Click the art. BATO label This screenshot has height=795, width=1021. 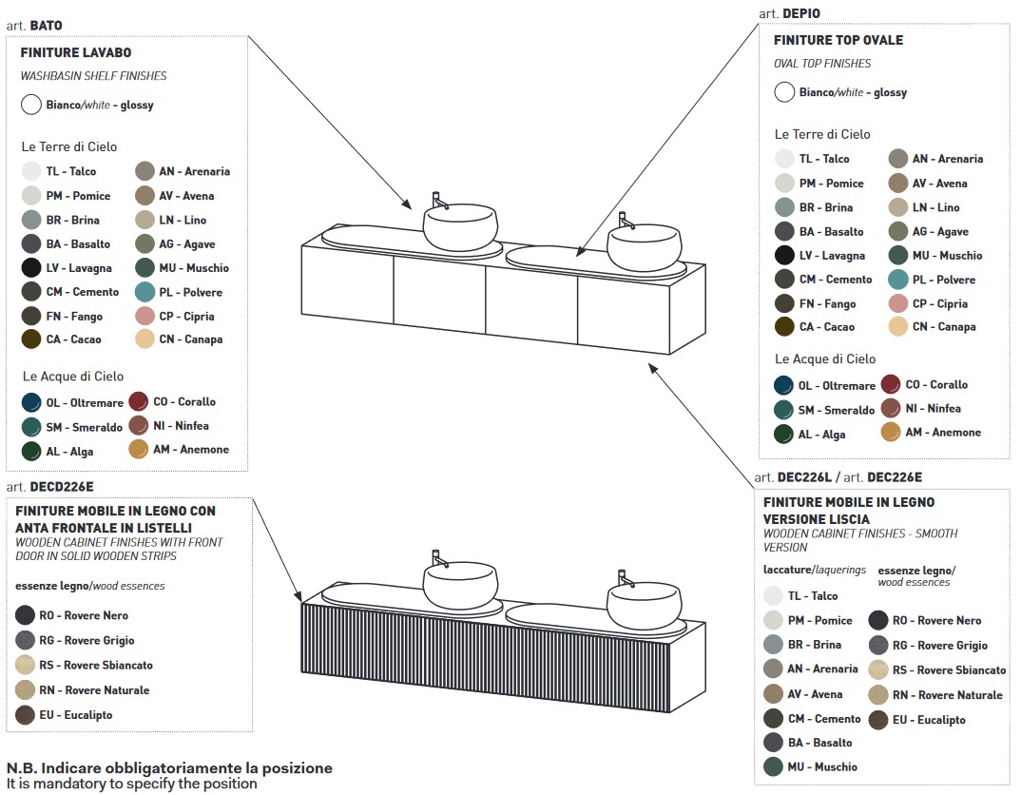point(34,26)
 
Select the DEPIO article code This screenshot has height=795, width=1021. point(800,13)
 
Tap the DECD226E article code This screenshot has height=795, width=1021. point(61,486)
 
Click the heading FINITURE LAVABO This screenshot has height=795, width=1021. point(75,52)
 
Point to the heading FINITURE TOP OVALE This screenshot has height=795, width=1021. point(838,40)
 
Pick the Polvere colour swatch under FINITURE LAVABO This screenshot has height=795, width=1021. point(144,292)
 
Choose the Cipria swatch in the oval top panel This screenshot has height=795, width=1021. point(898,303)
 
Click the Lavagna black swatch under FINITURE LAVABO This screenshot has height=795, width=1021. point(31,267)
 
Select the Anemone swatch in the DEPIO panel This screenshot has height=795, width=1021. point(891,432)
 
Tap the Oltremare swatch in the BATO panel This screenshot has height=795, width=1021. point(31,402)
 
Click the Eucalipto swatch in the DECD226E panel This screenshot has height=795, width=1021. point(25,715)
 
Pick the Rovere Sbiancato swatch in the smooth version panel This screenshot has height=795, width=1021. point(878,670)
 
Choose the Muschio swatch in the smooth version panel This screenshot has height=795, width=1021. point(773,767)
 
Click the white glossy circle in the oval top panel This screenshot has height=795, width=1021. point(784,92)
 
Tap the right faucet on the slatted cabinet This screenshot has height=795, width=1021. point(626,578)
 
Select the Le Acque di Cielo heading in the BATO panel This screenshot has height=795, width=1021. point(73,377)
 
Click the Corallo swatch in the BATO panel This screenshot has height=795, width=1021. point(139,401)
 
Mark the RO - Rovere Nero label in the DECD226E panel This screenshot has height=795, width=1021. point(84,615)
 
